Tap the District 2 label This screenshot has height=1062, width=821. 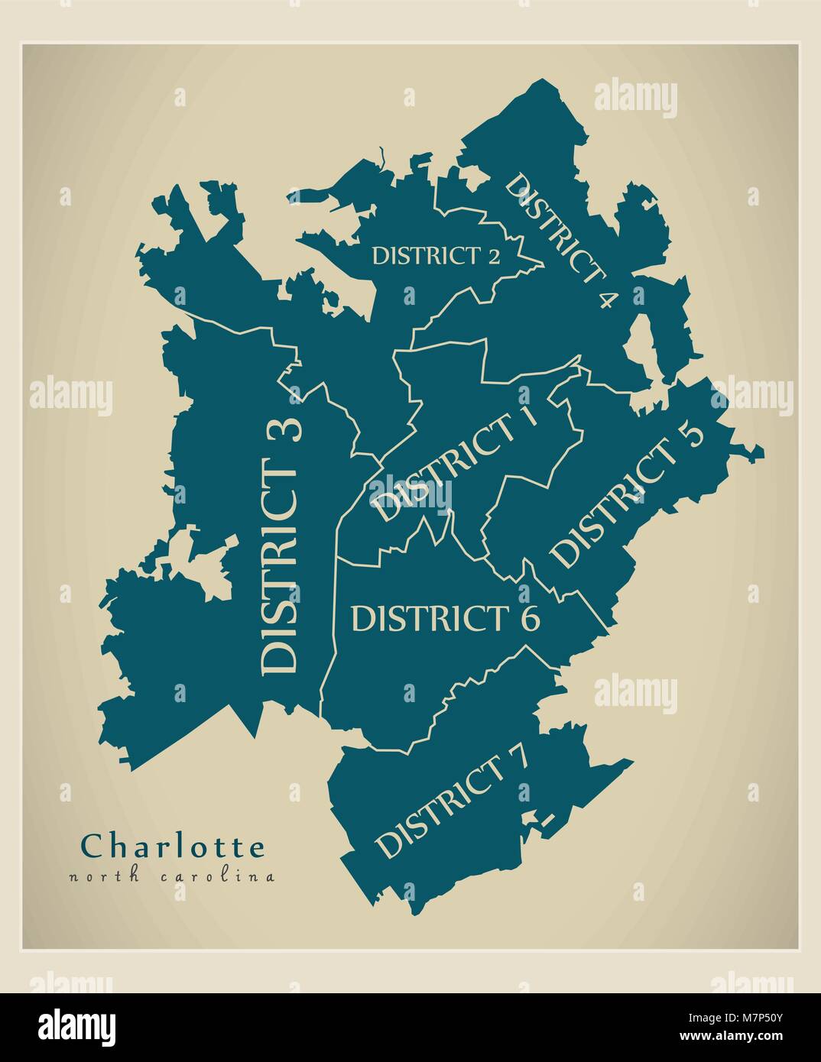tap(435, 255)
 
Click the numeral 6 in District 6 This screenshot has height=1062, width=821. tap(529, 618)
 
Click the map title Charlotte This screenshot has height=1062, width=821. tap(174, 847)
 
